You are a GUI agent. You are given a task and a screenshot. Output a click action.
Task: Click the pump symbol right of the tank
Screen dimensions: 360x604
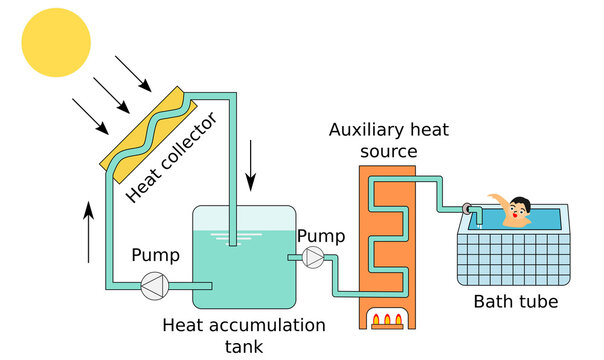(x=313, y=259)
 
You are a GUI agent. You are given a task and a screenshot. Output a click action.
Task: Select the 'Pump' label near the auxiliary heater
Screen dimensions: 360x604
(x=321, y=235)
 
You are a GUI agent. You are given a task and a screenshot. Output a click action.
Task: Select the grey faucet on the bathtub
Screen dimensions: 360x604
(x=469, y=208)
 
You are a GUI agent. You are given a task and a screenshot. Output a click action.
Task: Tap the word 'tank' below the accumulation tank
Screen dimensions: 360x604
(x=243, y=347)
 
